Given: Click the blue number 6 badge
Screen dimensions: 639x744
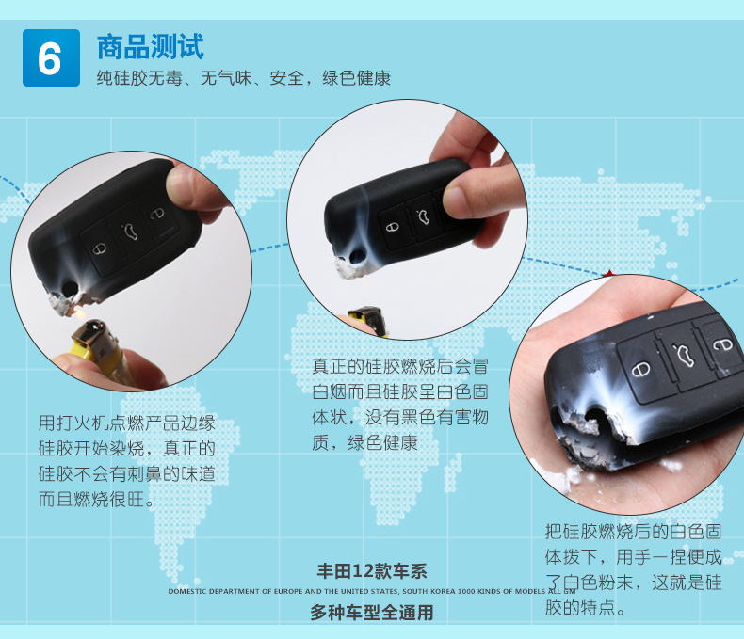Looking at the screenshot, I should [50, 57].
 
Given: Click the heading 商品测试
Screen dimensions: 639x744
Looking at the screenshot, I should [150, 46].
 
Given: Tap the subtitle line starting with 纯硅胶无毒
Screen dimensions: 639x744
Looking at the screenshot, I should [243, 78].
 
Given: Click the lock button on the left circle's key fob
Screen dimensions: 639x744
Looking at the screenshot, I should [99, 249].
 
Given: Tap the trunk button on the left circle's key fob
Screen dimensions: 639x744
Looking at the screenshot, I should [131, 228].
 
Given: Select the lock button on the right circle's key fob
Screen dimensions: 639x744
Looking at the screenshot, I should [641, 369].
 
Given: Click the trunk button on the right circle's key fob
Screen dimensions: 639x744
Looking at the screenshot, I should [683, 354].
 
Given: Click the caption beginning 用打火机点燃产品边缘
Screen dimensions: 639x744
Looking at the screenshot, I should [127, 461].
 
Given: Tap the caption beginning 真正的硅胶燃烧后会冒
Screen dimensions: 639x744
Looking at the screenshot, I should [400, 403].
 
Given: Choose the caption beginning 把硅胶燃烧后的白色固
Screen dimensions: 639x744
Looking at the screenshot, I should [634, 569].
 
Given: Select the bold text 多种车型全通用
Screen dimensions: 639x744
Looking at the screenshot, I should [371, 613].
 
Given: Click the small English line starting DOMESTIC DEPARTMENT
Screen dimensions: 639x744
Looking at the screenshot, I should [371, 591].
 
